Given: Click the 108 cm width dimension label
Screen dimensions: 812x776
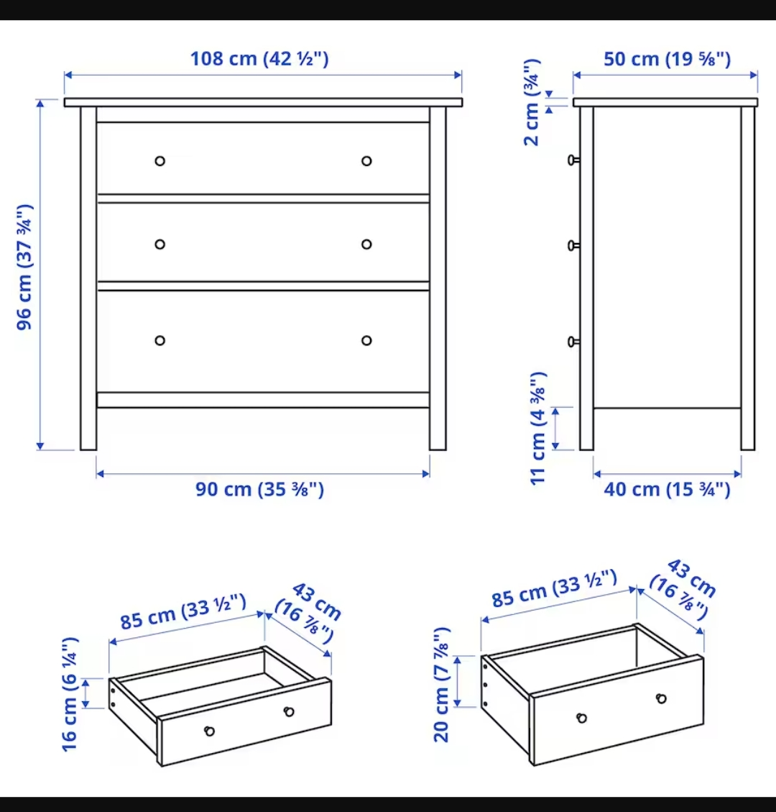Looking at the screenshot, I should click(259, 58).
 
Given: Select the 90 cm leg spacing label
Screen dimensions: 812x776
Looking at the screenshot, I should click(259, 490).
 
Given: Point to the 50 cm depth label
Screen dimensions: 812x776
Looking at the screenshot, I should click(667, 59).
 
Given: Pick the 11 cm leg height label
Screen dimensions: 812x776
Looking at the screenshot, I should click(539, 429).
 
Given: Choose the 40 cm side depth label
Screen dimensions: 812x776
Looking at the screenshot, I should click(667, 490).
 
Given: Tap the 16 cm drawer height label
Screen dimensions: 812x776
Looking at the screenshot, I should click(70, 694).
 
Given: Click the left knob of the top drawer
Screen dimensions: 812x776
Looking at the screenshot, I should click(160, 160).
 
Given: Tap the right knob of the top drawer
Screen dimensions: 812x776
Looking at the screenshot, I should click(366, 160).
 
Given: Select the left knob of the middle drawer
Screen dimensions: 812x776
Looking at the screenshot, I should click(160, 245).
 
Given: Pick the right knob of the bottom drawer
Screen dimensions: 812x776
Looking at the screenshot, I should click(366, 340).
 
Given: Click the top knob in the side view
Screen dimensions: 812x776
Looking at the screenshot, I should click(573, 160).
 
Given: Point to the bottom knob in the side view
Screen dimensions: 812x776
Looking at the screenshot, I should click(573, 342).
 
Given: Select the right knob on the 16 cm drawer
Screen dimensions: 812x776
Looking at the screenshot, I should click(289, 711).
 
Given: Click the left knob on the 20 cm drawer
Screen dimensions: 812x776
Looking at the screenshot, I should click(582, 718).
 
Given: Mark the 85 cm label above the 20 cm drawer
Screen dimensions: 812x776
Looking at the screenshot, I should click(554, 588).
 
